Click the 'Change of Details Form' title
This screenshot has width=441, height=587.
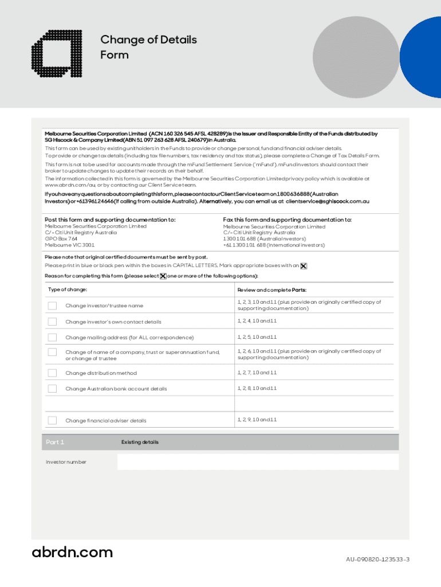click(148, 47)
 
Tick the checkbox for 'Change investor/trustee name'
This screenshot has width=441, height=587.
click(52, 306)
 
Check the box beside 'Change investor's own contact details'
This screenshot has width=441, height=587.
click(52, 322)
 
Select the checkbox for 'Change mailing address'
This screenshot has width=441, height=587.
click(52, 337)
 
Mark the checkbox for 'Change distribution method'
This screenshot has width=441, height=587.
click(52, 373)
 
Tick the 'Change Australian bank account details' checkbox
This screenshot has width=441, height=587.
click(52, 389)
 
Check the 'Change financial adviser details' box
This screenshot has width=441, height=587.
click(52, 420)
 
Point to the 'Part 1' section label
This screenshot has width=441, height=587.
click(55, 442)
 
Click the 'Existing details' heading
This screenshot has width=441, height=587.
click(140, 442)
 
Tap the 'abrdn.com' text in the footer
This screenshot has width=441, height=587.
click(72, 553)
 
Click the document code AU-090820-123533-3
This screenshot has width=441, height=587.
click(377, 559)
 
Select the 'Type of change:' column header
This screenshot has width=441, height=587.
click(68, 289)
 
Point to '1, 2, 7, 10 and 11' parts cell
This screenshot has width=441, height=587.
click(257, 373)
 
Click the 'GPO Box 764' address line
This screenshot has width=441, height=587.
click(61, 238)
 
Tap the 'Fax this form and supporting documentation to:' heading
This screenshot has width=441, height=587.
click(287, 220)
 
